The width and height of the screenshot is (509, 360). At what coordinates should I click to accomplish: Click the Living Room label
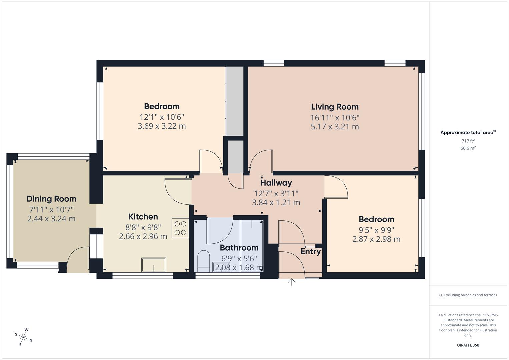pyautogui.click(x=335, y=107)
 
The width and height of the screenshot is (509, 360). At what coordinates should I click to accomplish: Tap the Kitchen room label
pyautogui.click(x=143, y=217)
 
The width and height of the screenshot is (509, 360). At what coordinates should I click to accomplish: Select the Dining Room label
pyautogui.click(x=51, y=199)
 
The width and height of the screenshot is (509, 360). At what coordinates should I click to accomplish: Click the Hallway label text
pyautogui.click(x=276, y=183)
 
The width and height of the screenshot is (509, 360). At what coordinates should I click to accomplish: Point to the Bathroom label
pyautogui.click(x=239, y=248)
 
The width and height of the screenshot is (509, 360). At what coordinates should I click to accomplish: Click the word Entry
pyautogui.click(x=311, y=251)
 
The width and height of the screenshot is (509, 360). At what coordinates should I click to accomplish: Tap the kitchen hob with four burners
pyautogui.click(x=180, y=228)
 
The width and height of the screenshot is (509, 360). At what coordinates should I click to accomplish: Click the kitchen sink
pyautogui.click(x=154, y=265)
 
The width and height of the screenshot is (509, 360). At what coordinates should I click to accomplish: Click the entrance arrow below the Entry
pyautogui.click(x=292, y=282)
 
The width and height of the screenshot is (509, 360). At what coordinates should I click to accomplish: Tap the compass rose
pyautogui.click(x=24, y=337)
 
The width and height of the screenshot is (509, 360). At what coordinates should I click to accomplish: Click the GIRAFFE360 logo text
pyautogui.click(x=468, y=345)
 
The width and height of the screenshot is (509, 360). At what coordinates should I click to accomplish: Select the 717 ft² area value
pyautogui.click(x=468, y=141)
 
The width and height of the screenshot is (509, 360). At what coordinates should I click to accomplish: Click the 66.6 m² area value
pyautogui.click(x=468, y=148)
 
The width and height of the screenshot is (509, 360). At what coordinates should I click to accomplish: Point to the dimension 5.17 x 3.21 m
pyautogui.click(x=335, y=127)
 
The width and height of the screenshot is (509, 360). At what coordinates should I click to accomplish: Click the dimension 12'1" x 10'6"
pyautogui.click(x=162, y=117)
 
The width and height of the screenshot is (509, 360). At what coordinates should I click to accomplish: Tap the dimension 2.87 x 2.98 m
pyautogui.click(x=376, y=239)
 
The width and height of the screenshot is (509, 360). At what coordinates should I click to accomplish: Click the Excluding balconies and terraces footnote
pyautogui.click(x=468, y=295)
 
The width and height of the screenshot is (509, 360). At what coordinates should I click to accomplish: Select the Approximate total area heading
pyautogui.click(x=468, y=133)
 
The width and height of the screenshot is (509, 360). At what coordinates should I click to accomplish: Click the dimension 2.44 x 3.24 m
pyautogui.click(x=51, y=219)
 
